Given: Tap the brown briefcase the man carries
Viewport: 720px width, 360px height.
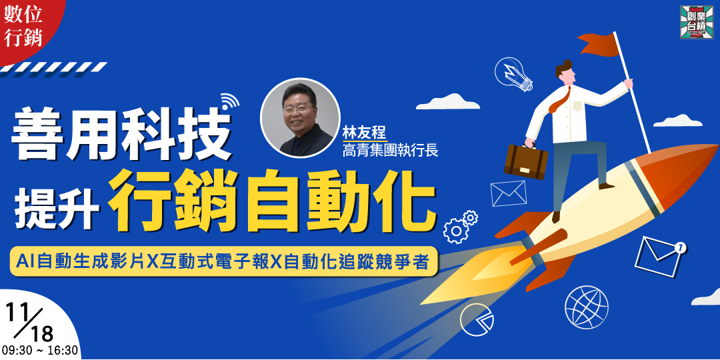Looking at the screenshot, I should click(525, 160).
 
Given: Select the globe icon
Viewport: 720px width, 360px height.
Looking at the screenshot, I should click(587, 307).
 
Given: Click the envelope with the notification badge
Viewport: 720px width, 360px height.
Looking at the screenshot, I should click(659, 255).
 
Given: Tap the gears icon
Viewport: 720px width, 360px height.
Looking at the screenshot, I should click(460, 226).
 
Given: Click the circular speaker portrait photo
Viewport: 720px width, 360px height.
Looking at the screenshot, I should click(299, 117).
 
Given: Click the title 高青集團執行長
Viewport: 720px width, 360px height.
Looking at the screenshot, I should click(389, 150).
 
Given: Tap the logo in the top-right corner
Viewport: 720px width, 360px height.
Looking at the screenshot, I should click(696, 22).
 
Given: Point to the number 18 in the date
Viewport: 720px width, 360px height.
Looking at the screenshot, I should click(41, 331).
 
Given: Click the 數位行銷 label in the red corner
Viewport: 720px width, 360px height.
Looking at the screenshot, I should click(23, 27).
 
